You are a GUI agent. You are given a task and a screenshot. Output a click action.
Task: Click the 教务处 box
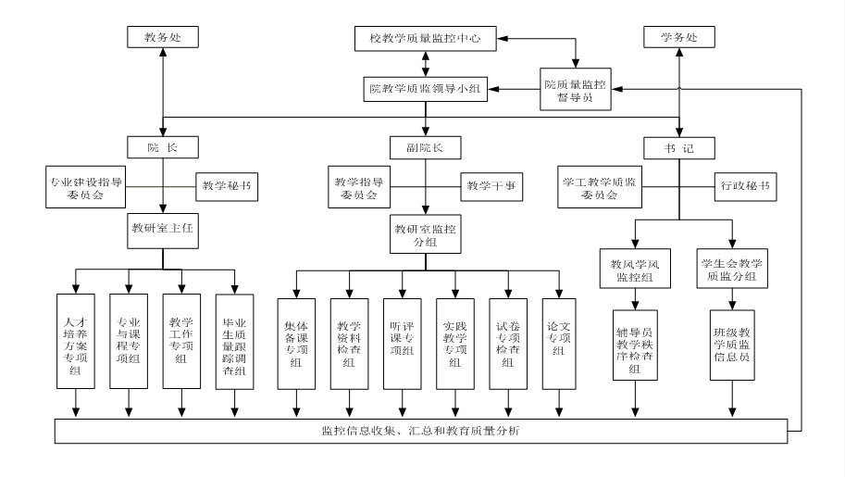pos(163,38)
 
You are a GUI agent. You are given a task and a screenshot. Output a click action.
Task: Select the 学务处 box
pos(678,38)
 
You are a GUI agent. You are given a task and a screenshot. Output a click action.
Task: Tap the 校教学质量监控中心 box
pos(425,38)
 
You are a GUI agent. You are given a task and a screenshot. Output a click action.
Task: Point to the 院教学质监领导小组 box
pos(425,89)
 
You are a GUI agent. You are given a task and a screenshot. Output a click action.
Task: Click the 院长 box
pos(163,146)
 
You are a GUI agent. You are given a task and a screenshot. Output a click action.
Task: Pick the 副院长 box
pos(425,146)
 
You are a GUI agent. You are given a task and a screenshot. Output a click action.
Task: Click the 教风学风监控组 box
pos(635,268)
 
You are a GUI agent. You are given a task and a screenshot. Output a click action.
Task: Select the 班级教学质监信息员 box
pos(734,345)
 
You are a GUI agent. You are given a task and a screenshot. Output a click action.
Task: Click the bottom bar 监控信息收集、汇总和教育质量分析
pos(425,432)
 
